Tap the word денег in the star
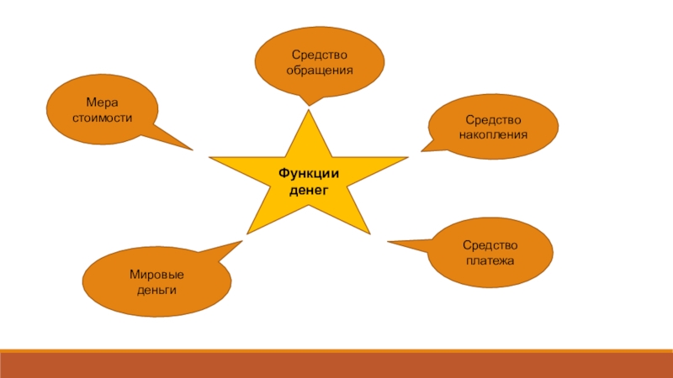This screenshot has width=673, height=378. (308, 190)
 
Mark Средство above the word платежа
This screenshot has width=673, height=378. (490, 245)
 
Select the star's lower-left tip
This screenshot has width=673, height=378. (246, 233)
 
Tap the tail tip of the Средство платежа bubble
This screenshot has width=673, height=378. (388, 243)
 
